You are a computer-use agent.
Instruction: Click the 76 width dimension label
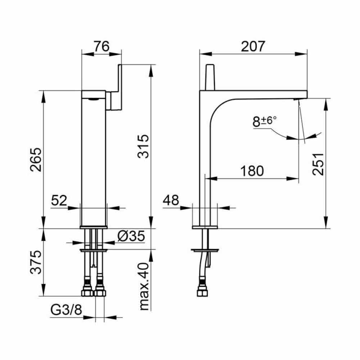click(x=102, y=46)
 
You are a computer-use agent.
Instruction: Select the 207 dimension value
click(x=253, y=46)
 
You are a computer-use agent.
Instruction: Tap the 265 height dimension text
click(x=36, y=160)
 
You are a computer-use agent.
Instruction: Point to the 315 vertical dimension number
click(x=143, y=147)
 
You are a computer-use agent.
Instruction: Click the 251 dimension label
click(x=318, y=164)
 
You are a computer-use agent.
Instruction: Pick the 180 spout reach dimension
click(x=252, y=171)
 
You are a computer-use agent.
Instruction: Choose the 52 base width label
click(x=59, y=200)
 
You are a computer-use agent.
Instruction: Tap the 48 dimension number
click(x=171, y=200)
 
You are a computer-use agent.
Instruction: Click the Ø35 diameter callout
click(x=131, y=236)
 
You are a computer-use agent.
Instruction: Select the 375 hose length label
click(x=36, y=262)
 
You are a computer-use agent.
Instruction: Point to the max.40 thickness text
click(x=144, y=287)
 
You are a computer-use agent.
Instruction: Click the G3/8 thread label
click(x=66, y=310)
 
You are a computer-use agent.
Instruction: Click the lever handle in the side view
click(x=210, y=77)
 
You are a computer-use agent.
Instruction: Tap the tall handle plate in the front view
click(x=120, y=87)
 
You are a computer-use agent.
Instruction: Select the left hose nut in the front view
click(x=87, y=292)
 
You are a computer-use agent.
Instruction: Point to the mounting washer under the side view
click(x=205, y=250)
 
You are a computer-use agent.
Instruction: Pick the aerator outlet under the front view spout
click(x=93, y=99)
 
